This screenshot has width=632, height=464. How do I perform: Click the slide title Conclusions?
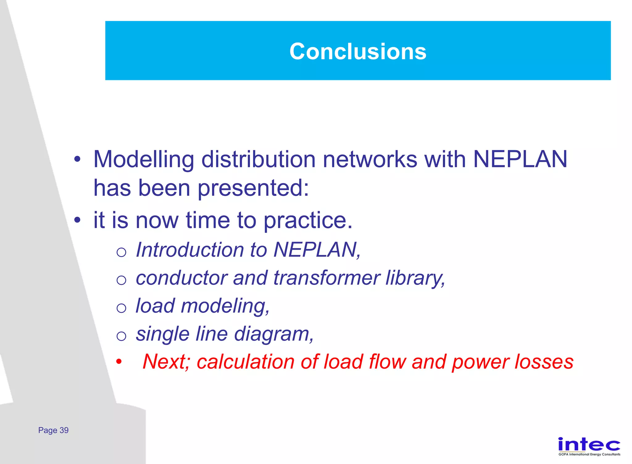[358, 51]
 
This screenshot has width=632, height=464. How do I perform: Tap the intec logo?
[589, 445]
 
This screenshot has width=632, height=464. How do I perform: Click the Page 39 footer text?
[53, 430]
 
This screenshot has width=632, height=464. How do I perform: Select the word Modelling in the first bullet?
[143, 159]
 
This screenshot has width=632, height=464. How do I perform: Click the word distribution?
[258, 159]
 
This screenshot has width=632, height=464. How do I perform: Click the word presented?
[252, 188]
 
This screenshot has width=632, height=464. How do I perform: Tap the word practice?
[308, 221]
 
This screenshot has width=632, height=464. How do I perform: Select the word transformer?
[326, 278]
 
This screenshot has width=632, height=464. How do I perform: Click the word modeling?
[225, 306]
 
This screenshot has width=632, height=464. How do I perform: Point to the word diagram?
[273, 334]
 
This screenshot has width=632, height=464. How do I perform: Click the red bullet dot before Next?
[119, 361]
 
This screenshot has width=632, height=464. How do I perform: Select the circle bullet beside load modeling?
[121, 308]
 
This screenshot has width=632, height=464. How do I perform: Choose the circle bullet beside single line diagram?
[121, 336]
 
